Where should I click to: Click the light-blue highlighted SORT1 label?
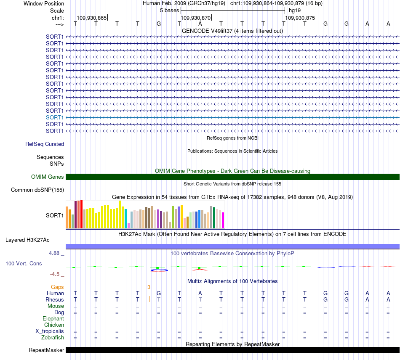pyautogui.click(x=55, y=117)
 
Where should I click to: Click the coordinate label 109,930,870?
pyautogui.click(x=196, y=18)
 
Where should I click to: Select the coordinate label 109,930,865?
pyautogui.click(x=92, y=18)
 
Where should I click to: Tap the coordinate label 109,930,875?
pyautogui.click(x=300, y=18)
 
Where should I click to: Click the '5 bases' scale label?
pyautogui.click(x=169, y=11)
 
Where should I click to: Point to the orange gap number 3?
pyautogui.click(x=149, y=287)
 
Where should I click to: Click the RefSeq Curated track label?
pyautogui.click(x=45, y=144)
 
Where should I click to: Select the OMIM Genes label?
pyautogui.click(x=47, y=177)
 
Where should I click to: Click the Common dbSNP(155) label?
pyautogui.click(x=37, y=190)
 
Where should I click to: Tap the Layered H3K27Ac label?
pyautogui.click(x=27, y=240)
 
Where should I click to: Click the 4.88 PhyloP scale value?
pyautogui.click(x=54, y=253)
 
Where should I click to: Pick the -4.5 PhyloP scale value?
pyautogui.click(x=55, y=274)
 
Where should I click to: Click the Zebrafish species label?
pyautogui.click(x=53, y=338)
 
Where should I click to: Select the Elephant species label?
pyautogui.click(x=53, y=319)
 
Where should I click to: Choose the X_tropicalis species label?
pyautogui.click(x=50, y=331)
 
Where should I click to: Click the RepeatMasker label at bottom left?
pyautogui.click(x=46, y=350)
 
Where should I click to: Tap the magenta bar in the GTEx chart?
pyautogui.click(x=223, y=220)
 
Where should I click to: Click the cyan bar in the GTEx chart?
pyautogui.click(x=126, y=219)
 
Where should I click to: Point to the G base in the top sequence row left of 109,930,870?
pyautogui.click(x=159, y=24)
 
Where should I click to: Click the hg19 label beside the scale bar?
pyautogui.click(x=295, y=11)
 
